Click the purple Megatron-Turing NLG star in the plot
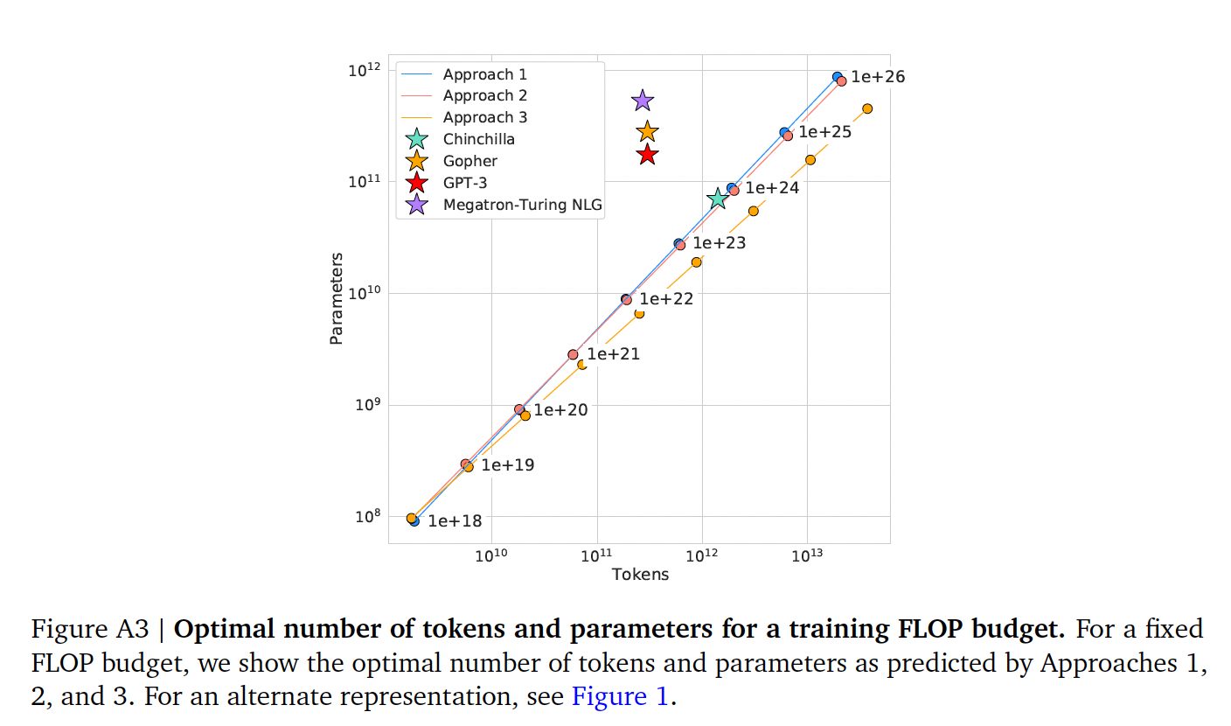[x=643, y=101]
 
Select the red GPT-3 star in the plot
[x=647, y=155]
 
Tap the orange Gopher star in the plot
[x=647, y=132]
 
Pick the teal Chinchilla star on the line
[x=718, y=199]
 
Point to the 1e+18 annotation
[x=455, y=521]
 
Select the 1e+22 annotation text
[x=666, y=299]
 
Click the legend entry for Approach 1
[x=484, y=74]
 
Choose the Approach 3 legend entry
[x=484, y=117]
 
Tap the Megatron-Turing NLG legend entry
[x=523, y=205]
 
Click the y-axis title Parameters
[x=336, y=298]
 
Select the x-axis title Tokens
[x=640, y=575]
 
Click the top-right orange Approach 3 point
[x=867, y=108]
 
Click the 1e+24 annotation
[x=772, y=188]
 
